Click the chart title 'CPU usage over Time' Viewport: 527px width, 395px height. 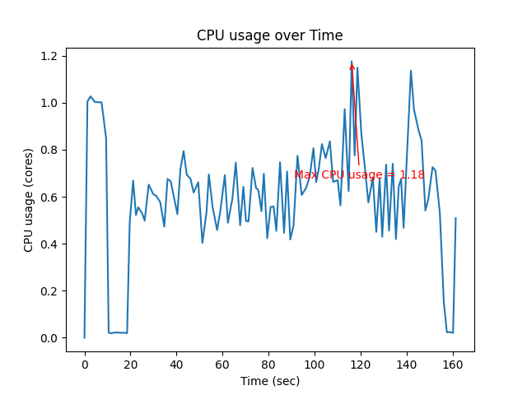269,35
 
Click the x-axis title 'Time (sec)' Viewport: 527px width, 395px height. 269,381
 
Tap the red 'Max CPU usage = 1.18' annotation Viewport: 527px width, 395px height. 359,174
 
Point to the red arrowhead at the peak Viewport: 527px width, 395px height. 352,66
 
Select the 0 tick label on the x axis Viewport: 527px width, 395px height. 84,364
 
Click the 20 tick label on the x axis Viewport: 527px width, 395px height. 130,364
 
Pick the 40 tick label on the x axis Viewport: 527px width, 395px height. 176,364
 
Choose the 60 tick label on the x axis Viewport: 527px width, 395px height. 222,364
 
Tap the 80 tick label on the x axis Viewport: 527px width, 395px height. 268,364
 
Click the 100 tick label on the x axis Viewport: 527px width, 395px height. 315,364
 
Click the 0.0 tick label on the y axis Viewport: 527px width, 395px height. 50,338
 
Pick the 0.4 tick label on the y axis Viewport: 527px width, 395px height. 50,244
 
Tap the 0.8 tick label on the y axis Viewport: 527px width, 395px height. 50,150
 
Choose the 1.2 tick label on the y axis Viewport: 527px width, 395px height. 50,56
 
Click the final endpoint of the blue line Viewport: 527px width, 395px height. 455,218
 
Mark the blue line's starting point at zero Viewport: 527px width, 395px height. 84,337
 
